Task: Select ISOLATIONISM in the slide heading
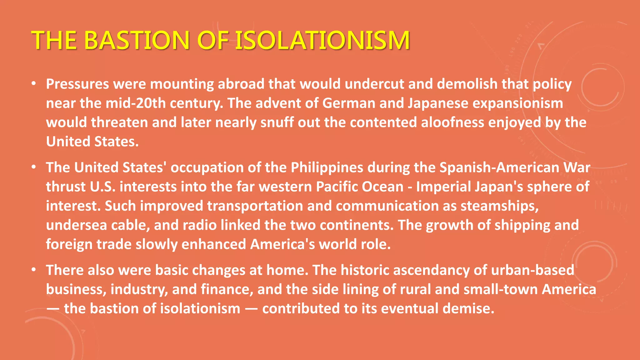[322, 40]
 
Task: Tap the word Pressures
[77, 84]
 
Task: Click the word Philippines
[327, 167]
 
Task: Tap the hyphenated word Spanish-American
[499, 167]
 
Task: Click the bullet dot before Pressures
[34, 84]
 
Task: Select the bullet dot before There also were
[34, 270]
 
